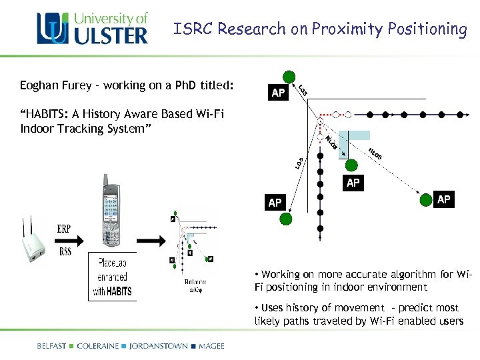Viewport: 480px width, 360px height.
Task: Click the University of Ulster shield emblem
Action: coord(53,29)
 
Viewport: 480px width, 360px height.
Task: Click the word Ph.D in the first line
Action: coord(195,85)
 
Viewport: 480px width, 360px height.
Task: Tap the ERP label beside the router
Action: coord(64,229)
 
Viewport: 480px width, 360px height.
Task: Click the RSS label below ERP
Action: coord(65,251)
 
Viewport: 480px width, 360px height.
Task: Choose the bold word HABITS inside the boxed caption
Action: coord(118,291)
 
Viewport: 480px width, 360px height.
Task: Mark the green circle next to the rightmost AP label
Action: coord(425,199)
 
